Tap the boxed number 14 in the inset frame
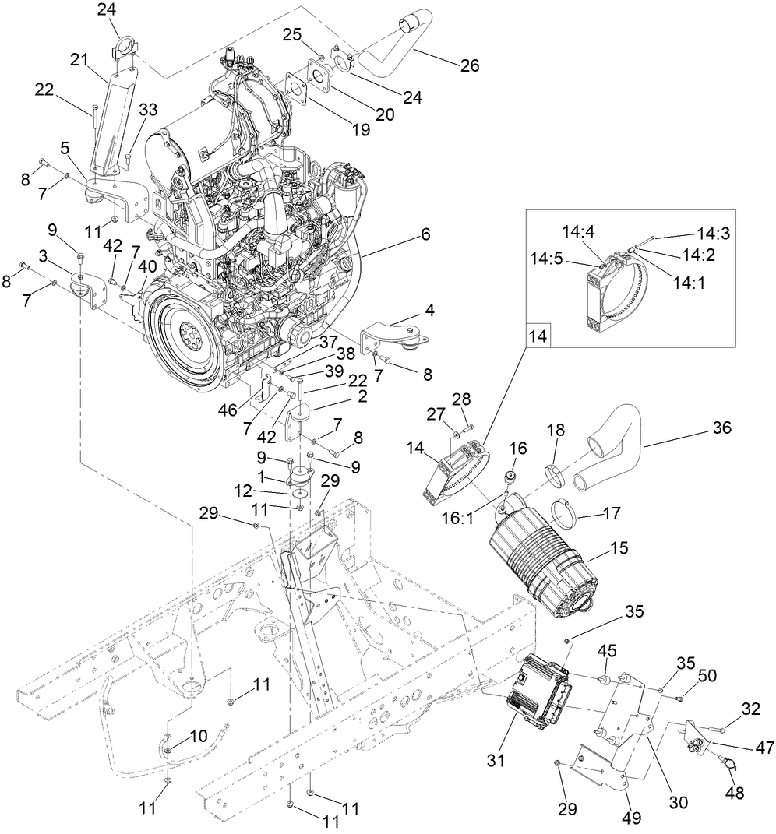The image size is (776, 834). coord(539,336)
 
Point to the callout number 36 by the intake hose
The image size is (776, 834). coord(721,428)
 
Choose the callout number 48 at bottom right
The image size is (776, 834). coord(734,794)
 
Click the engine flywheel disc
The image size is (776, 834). coord(186,336)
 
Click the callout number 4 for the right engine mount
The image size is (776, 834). coord(430,309)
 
